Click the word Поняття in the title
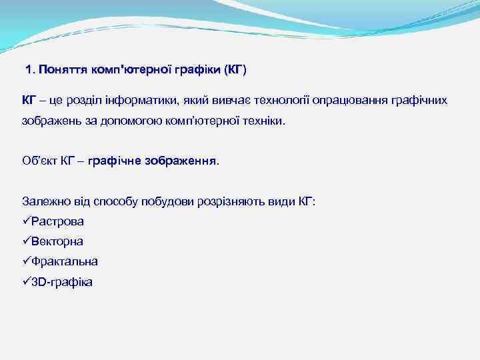pyautogui.click(x=60, y=69)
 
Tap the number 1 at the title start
pyautogui.click(x=29, y=69)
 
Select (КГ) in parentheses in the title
pyautogui.click(x=235, y=69)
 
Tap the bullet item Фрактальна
pyautogui.click(x=64, y=261)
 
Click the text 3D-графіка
pyautogui.click(x=62, y=282)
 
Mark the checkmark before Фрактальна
pyautogui.click(x=26, y=261)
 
